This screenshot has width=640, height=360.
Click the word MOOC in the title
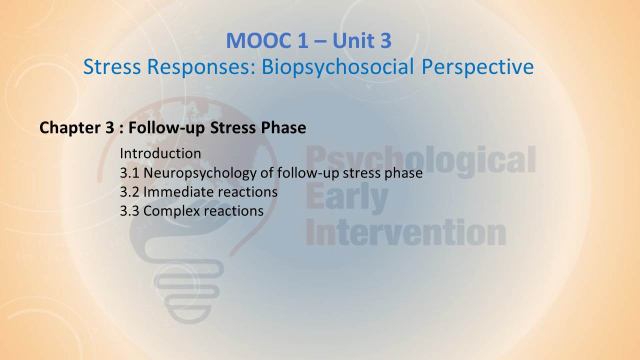[x=259, y=41]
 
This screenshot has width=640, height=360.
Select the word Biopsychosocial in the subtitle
[x=337, y=67]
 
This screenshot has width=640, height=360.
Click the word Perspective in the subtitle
[x=477, y=67]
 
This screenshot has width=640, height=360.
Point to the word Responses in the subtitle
[x=201, y=67]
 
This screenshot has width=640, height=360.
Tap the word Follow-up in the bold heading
[x=166, y=127]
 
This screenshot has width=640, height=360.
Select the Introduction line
[x=160, y=153]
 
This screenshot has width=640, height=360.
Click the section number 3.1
[x=129, y=173]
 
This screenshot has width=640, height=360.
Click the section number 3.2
[x=129, y=192]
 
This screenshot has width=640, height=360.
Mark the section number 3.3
[x=129, y=211]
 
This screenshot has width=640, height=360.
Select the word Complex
[x=171, y=211]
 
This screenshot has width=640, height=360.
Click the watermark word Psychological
[x=420, y=161]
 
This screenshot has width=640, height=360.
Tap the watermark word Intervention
[x=405, y=232]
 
